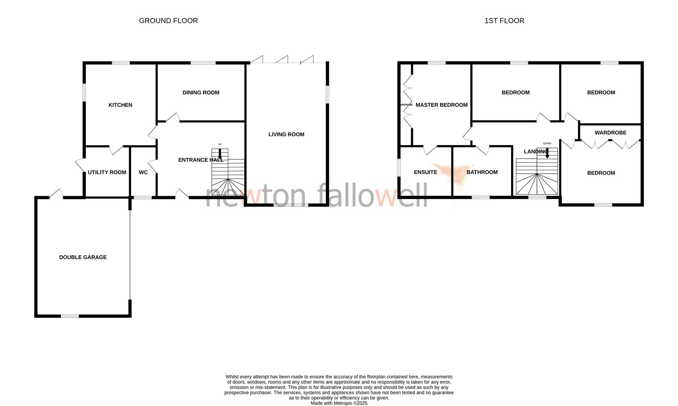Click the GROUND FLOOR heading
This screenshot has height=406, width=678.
click(168, 21)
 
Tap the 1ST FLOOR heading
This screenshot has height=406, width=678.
click(504, 21)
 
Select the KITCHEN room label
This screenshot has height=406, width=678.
click(120, 105)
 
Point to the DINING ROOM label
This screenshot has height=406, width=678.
click(201, 92)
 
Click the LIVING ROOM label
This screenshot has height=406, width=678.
click(286, 134)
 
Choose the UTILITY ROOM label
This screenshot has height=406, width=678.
click(107, 172)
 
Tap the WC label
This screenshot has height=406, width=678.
click(143, 172)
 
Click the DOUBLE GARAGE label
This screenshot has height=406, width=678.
click(83, 257)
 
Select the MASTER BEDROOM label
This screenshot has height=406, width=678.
click(441, 105)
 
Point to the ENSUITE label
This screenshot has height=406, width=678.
click(426, 172)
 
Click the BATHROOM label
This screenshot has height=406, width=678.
click(482, 172)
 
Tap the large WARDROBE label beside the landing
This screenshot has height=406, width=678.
click(610, 132)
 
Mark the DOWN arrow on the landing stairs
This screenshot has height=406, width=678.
click(547, 152)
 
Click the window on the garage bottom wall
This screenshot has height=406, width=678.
click(70, 316)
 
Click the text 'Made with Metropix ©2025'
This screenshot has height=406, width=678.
click(339, 403)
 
